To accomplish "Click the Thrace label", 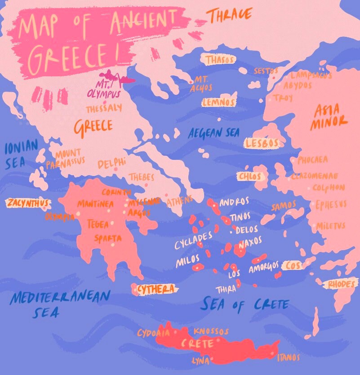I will click(x=229, y=14).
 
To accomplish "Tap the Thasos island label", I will click(x=220, y=60).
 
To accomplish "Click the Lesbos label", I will click(x=262, y=143).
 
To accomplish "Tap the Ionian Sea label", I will click(x=21, y=155).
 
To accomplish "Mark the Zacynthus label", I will click(x=27, y=203).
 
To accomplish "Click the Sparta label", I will click(x=107, y=238).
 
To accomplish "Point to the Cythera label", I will click(x=155, y=289).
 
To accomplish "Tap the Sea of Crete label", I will click(x=244, y=304).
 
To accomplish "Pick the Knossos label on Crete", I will click(x=211, y=331).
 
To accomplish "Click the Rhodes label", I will click(x=342, y=284).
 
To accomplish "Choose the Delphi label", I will click(x=112, y=163).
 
